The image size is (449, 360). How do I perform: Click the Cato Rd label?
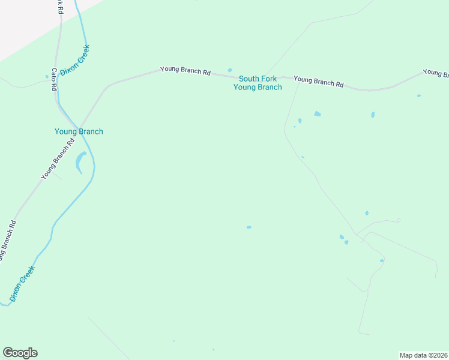pos(54,79)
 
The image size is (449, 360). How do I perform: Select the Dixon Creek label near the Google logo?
pos(23,283)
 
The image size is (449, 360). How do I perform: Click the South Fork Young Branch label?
pos(258,83)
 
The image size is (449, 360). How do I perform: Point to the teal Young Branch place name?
pos(79,131)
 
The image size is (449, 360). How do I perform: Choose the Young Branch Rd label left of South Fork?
pos(185,71)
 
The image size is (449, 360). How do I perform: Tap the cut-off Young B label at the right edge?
pos(436,73)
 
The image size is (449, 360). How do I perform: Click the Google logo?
pos(20,353)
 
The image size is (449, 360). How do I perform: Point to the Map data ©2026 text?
pos(423,355)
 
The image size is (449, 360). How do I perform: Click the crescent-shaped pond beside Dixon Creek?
pos(80,161)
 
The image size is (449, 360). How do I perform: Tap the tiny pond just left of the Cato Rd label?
pos(47,77)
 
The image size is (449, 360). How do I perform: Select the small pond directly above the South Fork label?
pos(230,70)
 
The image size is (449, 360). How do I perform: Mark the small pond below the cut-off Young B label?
pos(419,95)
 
